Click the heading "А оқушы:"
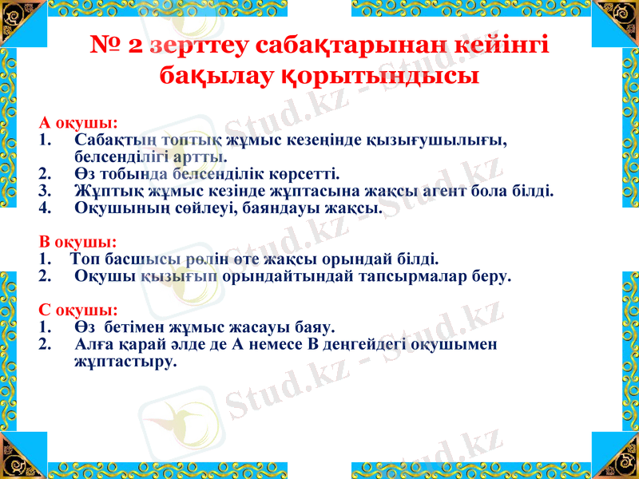78,123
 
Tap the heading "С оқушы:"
77,310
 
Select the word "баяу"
315,327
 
